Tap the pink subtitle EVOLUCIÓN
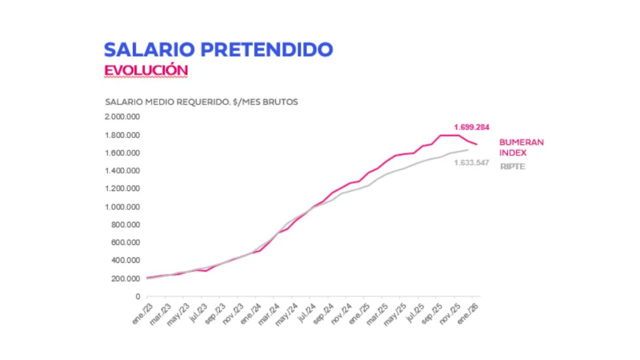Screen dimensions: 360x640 coord(146,70)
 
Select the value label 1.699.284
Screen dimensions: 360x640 coord(471,127)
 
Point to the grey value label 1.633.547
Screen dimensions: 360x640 coord(471,163)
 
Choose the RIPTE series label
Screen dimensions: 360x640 coord(513,166)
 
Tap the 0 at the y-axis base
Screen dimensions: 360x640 coord(138,297)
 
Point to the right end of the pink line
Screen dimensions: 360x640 coord(477,145)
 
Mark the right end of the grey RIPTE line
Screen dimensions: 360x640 coord(468,149)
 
